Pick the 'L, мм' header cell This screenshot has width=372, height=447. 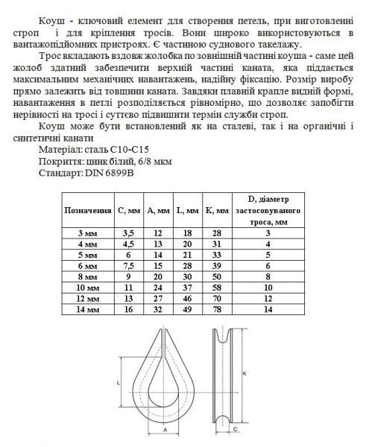click(189, 211)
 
